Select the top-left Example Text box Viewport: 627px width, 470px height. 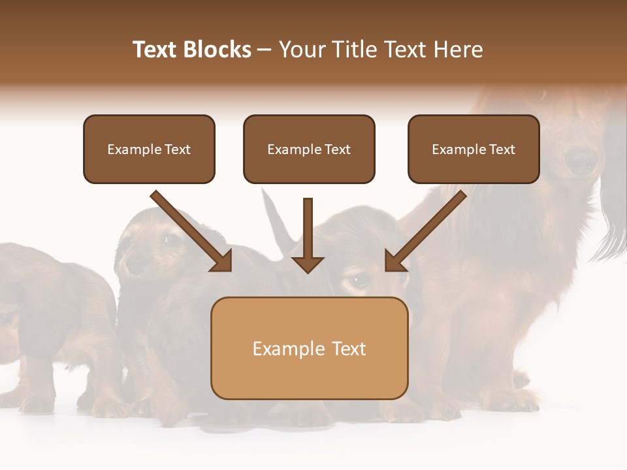point(149,149)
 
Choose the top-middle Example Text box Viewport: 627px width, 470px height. point(309,149)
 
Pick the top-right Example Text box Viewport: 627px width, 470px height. point(474,149)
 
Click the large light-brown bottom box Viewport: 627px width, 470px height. point(309,348)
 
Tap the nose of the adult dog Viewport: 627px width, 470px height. point(580,159)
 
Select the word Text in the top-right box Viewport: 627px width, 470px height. point(502,149)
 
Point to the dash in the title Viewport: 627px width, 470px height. point(264,50)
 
